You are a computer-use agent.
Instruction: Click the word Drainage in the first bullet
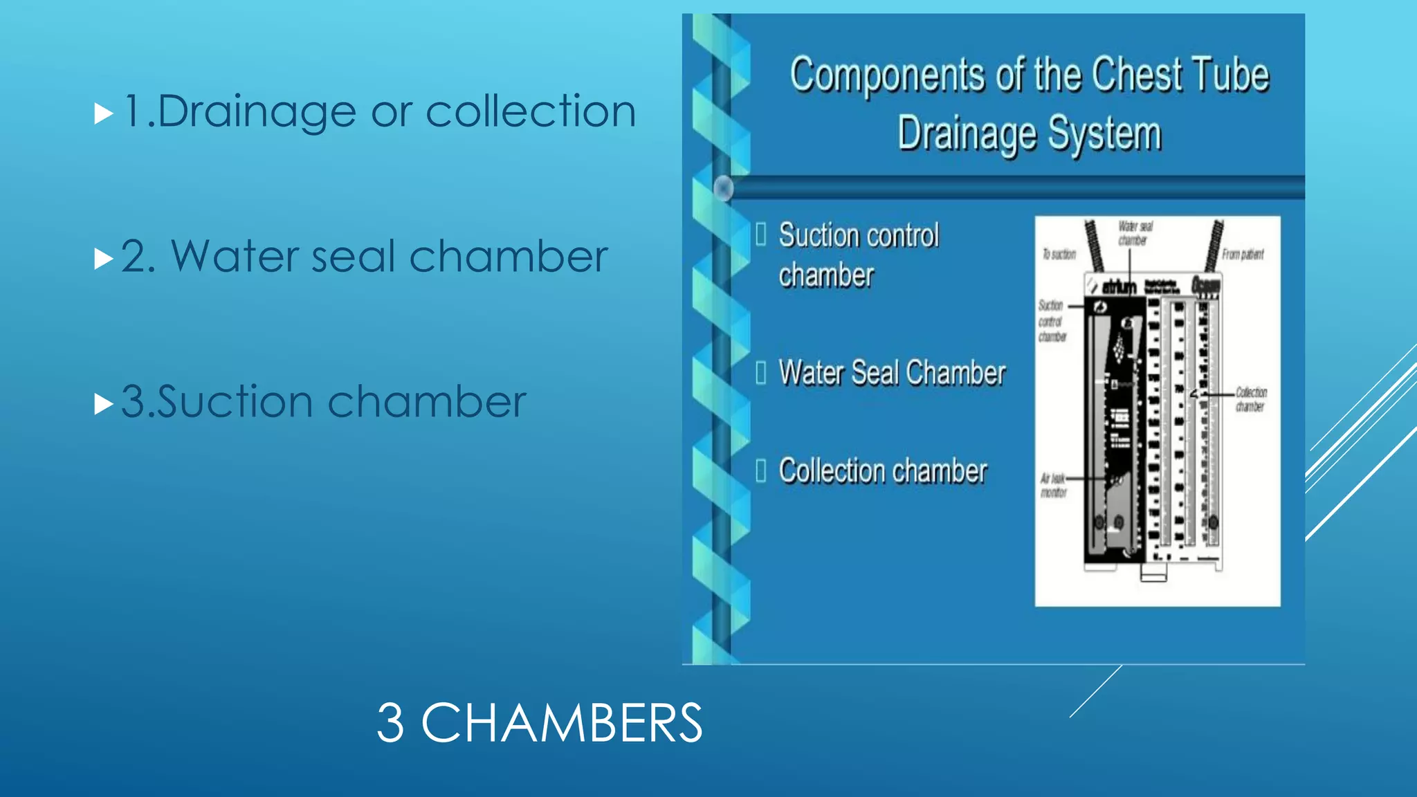coord(256,112)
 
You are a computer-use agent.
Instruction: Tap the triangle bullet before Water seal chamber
coord(103,259)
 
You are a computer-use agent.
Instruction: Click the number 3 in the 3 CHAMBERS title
coord(390,723)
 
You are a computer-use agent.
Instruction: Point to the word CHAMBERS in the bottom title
coord(561,723)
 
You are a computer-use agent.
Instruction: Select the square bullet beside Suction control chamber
coord(761,235)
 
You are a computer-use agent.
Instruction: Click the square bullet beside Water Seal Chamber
coord(761,373)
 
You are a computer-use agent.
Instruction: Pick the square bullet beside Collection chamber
coord(761,470)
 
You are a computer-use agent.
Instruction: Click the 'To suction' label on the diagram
coord(1059,255)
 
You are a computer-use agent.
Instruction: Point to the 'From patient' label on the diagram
coord(1243,255)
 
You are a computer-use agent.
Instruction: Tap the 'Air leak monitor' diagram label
coord(1053,486)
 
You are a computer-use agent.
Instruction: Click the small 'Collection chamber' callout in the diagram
coord(1251,399)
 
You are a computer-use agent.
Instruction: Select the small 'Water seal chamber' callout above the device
coord(1135,233)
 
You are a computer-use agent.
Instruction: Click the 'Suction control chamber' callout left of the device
coord(1052,321)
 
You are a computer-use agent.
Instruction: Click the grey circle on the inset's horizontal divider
coord(724,188)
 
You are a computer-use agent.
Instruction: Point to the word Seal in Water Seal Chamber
coord(875,373)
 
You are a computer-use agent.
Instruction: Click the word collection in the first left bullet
coord(531,112)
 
